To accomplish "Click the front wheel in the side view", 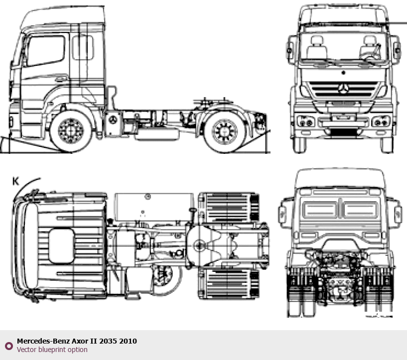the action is coord(71,131).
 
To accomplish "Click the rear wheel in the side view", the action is coord(225,131).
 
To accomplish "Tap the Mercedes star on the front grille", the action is coord(343,89).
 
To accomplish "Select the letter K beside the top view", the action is coord(15,181).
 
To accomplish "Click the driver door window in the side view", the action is coord(46,51).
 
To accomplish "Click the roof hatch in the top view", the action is coord(61,246).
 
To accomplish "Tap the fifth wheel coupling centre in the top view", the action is coord(200,245).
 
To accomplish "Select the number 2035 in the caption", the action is coord(108,341).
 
